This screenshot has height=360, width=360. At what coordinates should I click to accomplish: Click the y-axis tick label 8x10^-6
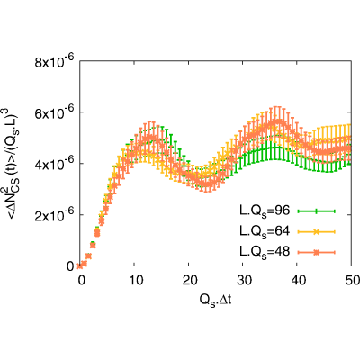pyautogui.click(x=55, y=61)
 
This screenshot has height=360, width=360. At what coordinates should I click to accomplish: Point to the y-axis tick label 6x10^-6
pyautogui.click(x=55, y=112)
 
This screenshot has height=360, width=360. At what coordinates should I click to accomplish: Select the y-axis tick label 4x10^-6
pyautogui.click(x=55, y=164)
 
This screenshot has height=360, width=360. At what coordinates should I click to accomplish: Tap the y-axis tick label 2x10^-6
pyautogui.click(x=55, y=215)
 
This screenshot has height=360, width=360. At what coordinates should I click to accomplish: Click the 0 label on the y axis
pyautogui.click(x=70, y=266)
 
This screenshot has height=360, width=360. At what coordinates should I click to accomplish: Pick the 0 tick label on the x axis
pyautogui.click(x=80, y=280)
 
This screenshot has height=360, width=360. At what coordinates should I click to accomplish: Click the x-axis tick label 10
pyautogui.click(x=134, y=280)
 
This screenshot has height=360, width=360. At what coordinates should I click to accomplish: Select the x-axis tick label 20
pyautogui.click(x=188, y=280)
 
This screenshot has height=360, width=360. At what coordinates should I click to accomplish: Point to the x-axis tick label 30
pyautogui.click(x=243, y=280)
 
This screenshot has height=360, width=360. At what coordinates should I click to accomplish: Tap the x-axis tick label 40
pyautogui.click(x=297, y=280)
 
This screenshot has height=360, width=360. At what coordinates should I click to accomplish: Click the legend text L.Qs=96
pyautogui.click(x=265, y=211)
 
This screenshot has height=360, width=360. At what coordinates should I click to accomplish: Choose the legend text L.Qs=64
pyautogui.click(x=265, y=231)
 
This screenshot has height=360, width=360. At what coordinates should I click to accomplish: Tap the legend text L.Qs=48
pyautogui.click(x=265, y=252)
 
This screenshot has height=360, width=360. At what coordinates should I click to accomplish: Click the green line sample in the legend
pyautogui.click(x=316, y=211)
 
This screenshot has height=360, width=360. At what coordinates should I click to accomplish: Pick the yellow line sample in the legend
pyautogui.click(x=316, y=232)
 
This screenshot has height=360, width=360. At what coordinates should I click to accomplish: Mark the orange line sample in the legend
pyautogui.click(x=316, y=252)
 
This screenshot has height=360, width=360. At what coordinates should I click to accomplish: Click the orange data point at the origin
pyautogui.click(x=80, y=265)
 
